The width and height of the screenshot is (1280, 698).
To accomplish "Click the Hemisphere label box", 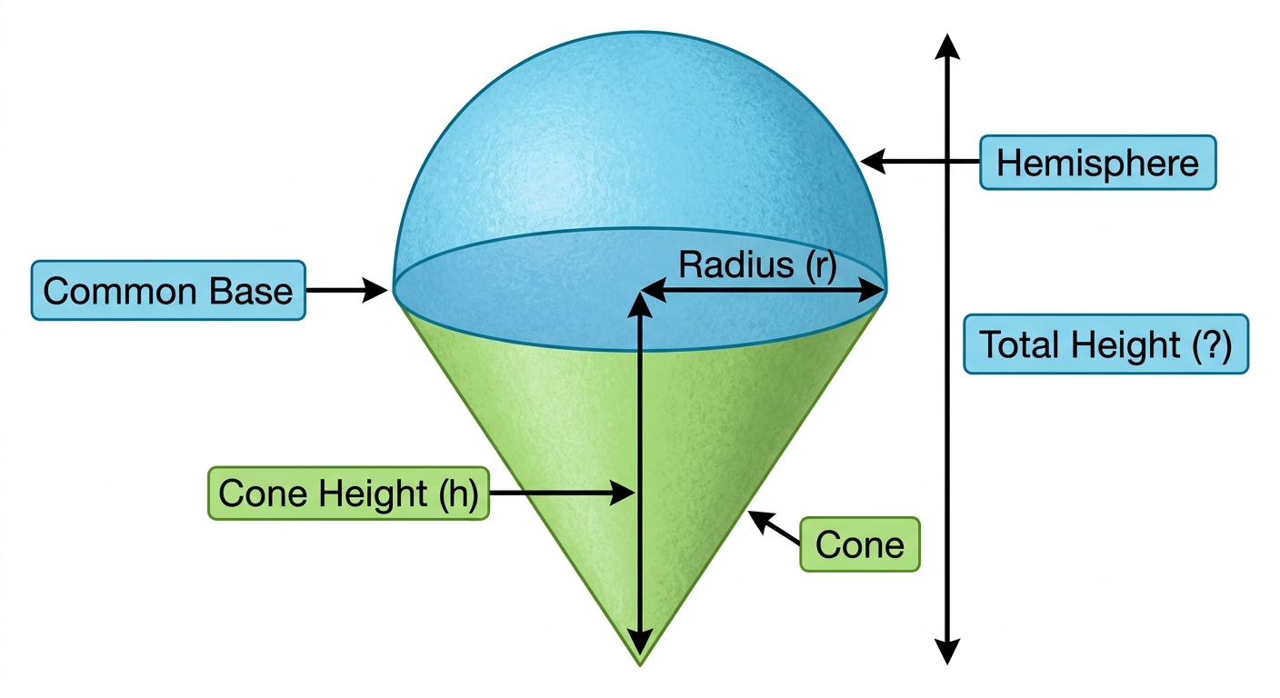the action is point(1097,163).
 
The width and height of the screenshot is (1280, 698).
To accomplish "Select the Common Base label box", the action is point(168,290).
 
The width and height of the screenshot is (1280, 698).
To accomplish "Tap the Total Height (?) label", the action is point(1105,344).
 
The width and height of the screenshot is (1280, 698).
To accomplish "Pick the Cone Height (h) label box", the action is point(348,493).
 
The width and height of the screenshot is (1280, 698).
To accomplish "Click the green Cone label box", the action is point(860,544).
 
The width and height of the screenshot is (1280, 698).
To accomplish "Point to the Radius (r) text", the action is point(757,264).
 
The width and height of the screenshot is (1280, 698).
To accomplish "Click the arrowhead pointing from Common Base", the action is point(376,290).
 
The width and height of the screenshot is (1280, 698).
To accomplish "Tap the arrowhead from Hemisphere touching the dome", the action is point(873,162).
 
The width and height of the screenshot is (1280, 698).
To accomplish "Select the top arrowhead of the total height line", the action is point(947,46).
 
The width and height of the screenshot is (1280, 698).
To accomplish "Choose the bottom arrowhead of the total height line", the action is point(947,652).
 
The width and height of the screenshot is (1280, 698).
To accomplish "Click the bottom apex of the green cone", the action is point(640,664).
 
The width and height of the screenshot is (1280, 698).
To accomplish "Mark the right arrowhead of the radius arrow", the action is point(873,290).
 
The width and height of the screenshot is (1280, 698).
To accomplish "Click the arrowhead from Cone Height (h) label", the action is point(623,493).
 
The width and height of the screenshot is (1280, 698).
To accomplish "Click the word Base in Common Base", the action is point(251,291).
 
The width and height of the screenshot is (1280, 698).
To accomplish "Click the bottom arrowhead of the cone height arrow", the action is point(640,643).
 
